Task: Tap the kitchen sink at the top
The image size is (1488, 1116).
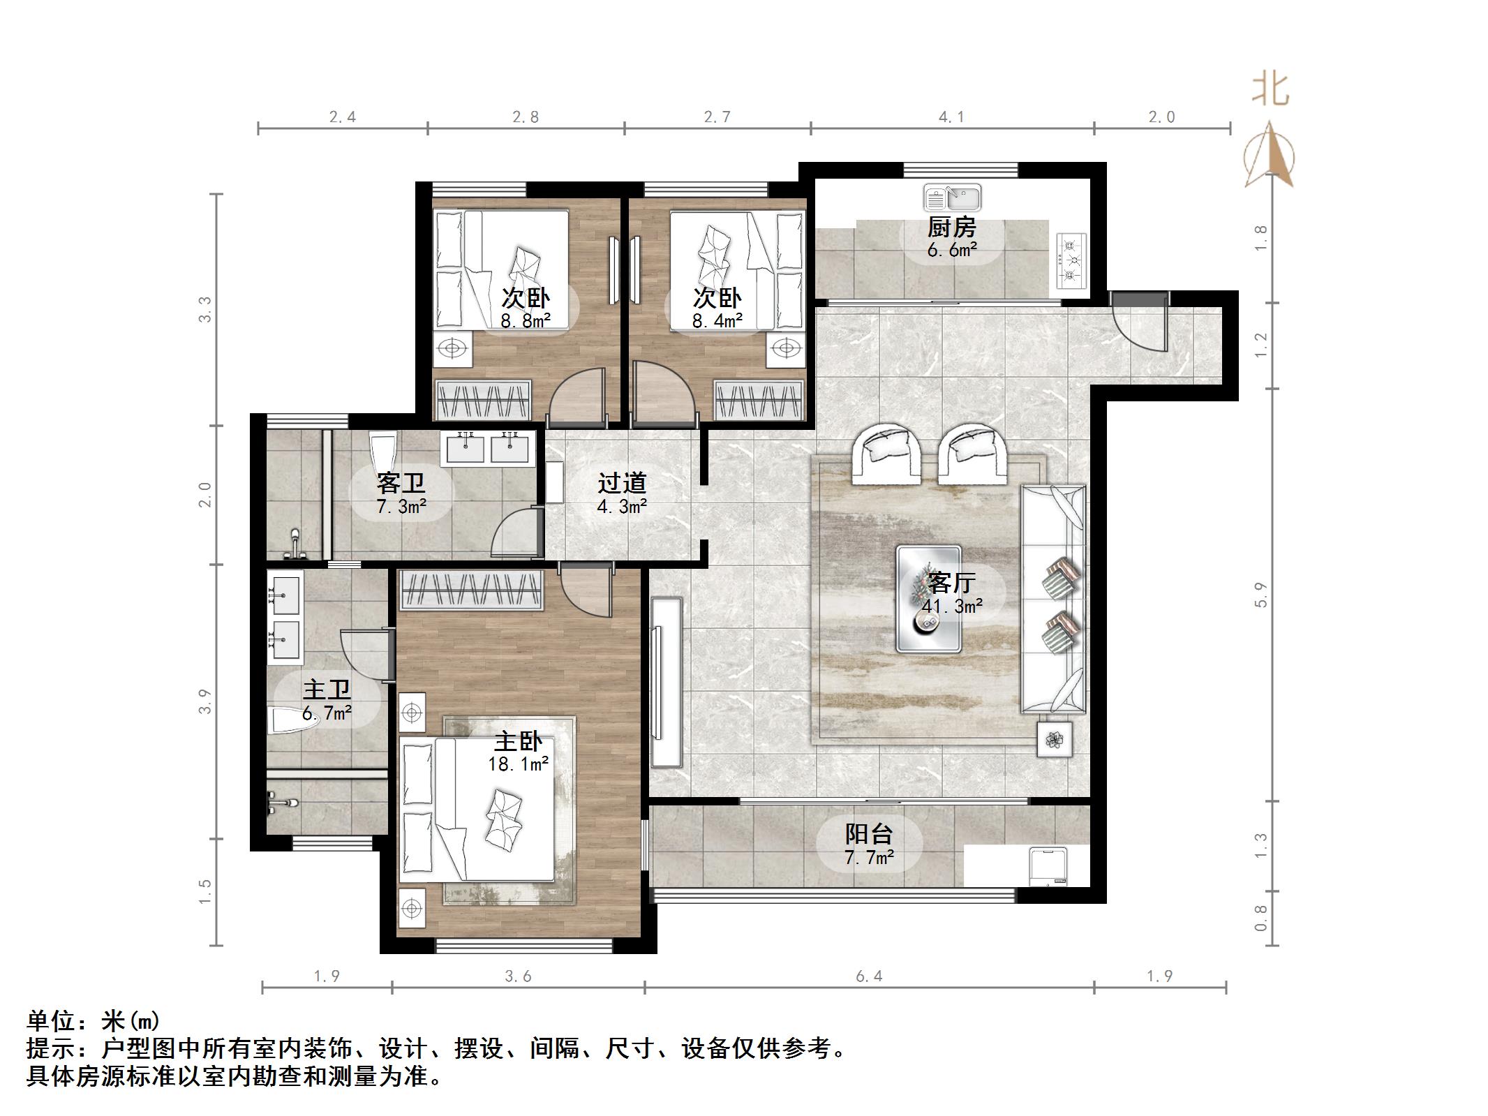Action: pos(953,198)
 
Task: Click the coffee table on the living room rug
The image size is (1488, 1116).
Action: pos(929,600)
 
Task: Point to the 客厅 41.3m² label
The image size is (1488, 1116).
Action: pos(952,594)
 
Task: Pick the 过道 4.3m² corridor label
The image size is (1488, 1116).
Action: pos(622,494)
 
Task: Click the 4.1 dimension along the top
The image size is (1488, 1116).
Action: pos(951,117)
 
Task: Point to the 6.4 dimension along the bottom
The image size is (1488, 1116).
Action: pos(869,976)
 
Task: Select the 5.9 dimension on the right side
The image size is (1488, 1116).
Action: pos(1260,594)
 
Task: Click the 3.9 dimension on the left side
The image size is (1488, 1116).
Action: pos(204,701)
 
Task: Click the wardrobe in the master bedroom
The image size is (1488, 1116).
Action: pos(472,590)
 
